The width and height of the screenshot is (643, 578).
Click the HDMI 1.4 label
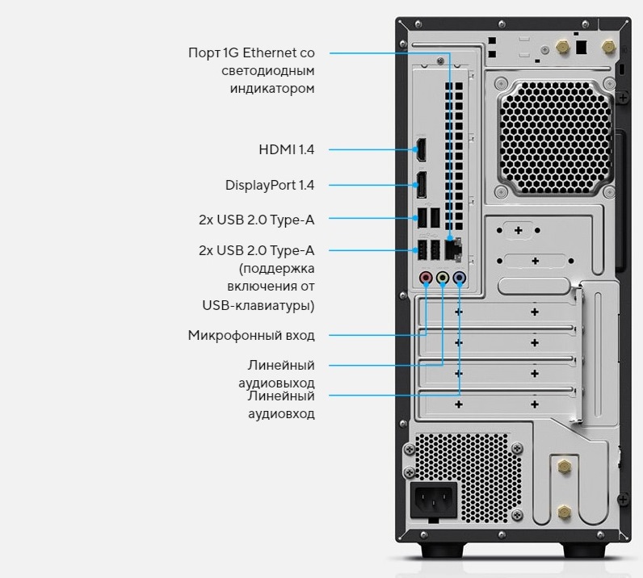pyautogui.click(x=286, y=149)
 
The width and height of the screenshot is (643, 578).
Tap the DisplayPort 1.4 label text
pyautogui.click(x=270, y=186)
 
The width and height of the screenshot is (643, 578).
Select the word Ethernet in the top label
pyautogui.click(x=270, y=53)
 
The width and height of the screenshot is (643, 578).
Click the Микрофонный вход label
pyautogui.click(x=251, y=335)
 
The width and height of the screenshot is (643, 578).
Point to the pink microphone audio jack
pyautogui.click(x=426, y=278)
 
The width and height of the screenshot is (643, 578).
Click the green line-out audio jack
pyautogui.click(x=443, y=278)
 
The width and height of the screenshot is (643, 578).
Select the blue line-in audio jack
pyautogui.click(x=459, y=278)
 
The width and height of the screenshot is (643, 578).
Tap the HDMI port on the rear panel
pyautogui.click(x=421, y=149)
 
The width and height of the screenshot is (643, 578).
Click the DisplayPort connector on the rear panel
pyautogui.click(x=421, y=185)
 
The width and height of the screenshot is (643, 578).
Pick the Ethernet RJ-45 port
pyautogui.click(x=453, y=249)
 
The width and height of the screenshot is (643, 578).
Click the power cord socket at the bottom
pyautogui.click(x=434, y=500)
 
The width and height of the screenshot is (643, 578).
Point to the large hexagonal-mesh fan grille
pyautogui.click(x=555, y=137)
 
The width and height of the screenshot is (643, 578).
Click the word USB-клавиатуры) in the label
pyautogui.click(x=258, y=305)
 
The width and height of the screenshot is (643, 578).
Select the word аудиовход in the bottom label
pyautogui.click(x=281, y=413)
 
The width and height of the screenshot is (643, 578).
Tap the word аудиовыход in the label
pyautogui.click(x=276, y=383)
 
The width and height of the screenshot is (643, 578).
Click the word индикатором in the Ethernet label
pyautogui.click(x=272, y=89)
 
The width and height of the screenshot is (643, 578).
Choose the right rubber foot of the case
pyautogui.click(x=584, y=550)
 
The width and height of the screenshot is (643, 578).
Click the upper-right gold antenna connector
pyautogui.click(x=609, y=47)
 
